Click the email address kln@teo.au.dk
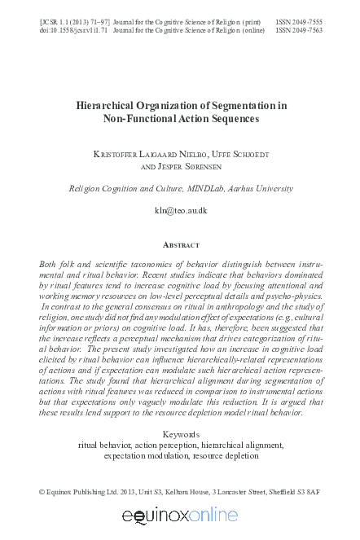coord(181,211)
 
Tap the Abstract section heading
coord(181,244)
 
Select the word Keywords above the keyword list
coord(181,434)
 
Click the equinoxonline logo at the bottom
coord(180,516)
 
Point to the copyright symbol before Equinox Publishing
coord(43,492)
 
